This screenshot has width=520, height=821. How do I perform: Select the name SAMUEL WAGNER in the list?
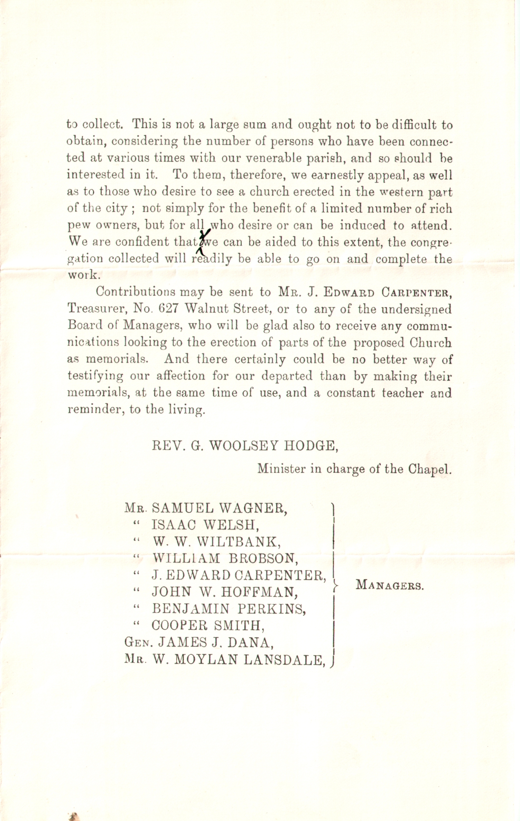(219, 508)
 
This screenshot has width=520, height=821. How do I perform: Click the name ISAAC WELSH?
(205, 525)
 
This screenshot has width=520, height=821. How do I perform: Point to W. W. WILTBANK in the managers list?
(216, 542)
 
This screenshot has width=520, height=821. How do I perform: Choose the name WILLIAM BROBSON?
(225, 558)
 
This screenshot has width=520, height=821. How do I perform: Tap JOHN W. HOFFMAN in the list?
(225, 592)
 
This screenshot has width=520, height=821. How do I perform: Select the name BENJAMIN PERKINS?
(229, 609)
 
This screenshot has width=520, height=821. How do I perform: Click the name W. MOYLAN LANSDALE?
(239, 659)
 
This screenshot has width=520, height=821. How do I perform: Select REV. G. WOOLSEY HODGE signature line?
(245, 446)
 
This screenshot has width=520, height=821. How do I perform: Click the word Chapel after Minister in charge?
(430, 469)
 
